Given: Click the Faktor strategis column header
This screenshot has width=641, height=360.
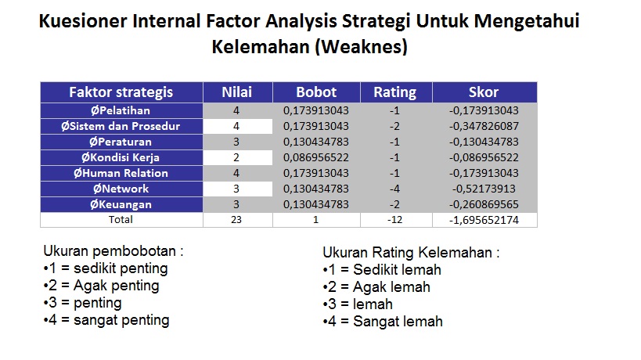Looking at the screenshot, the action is (121, 92).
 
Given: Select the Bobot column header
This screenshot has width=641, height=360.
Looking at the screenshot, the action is (316, 92).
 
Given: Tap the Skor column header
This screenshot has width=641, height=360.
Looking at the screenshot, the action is (484, 92).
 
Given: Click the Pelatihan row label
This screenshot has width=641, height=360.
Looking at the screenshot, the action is (121, 110).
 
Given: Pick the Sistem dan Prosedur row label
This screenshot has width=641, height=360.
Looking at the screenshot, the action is (121, 126).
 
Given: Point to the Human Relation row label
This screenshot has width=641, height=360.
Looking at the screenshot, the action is (121, 173).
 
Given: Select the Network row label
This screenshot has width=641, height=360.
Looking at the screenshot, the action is (121, 189).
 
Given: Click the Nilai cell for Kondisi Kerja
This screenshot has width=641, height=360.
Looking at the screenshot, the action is (236, 158).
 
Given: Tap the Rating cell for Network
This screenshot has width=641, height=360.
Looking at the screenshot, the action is (394, 189).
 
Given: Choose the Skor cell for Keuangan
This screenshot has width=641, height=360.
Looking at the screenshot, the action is (484, 204).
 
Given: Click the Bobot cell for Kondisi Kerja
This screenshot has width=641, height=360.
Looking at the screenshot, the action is (316, 158).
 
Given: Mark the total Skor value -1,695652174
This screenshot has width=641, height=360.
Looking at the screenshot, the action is (484, 220).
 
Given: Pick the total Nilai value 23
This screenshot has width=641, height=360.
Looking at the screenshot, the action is (236, 220).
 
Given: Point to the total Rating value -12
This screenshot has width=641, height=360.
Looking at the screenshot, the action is (394, 220).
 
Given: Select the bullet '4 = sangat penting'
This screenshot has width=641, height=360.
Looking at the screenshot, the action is (106, 320).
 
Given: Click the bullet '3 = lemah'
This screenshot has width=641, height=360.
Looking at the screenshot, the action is (358, 304).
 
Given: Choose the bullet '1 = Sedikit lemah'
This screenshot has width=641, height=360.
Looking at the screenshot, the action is (382, 270).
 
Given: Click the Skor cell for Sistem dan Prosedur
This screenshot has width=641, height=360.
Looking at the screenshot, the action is (484, 126).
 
